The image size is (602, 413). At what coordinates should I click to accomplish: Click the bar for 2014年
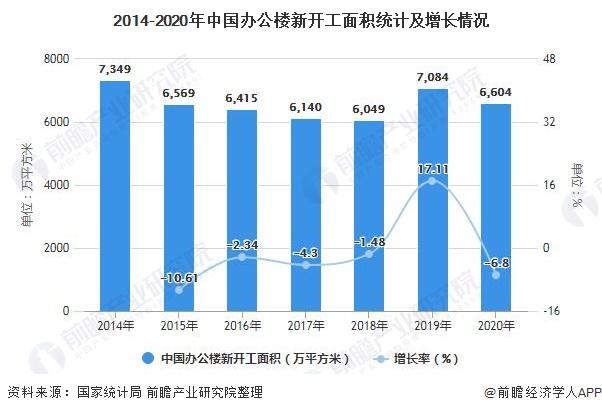tap(115, 195)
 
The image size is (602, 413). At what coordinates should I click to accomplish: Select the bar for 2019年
tap(433, 200)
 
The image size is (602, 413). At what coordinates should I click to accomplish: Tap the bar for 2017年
tap(306, 215)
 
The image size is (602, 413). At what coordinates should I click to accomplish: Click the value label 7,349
tap(115, 69)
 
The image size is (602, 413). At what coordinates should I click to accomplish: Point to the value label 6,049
tap(369, 110)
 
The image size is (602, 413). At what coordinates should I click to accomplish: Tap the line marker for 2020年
tap(496, 275)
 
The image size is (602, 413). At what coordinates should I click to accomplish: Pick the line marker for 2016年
tap(242, 257)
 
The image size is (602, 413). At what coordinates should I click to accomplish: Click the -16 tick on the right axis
tap(550, 311)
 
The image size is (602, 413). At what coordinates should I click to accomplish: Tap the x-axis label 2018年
tap(369, 325)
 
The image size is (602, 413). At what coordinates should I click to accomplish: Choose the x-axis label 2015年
tap(178, 325)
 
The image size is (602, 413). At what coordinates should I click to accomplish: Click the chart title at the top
tap(301, 19)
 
